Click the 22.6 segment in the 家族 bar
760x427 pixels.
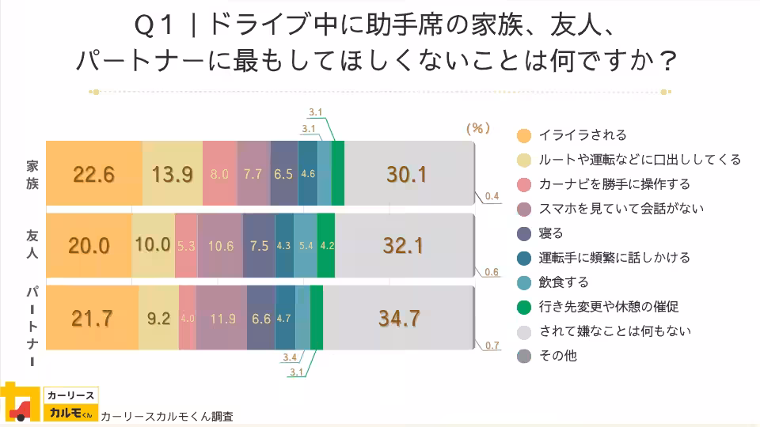pos(94,174)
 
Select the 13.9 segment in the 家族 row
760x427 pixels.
pos(173,174)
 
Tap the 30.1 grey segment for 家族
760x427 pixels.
pos(407,174)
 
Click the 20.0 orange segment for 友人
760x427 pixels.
pos(89,246)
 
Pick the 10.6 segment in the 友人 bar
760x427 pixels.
pos(220,246)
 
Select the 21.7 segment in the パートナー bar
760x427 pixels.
pos(92,318)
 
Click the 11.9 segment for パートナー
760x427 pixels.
pos(222,318)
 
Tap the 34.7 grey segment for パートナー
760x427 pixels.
pos(398,318)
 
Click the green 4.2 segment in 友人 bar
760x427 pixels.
pos(326,246)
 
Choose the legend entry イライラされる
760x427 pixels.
pos(582,134)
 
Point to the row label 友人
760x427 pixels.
pos(32,246)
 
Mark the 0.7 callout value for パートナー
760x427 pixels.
pos(491,346)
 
